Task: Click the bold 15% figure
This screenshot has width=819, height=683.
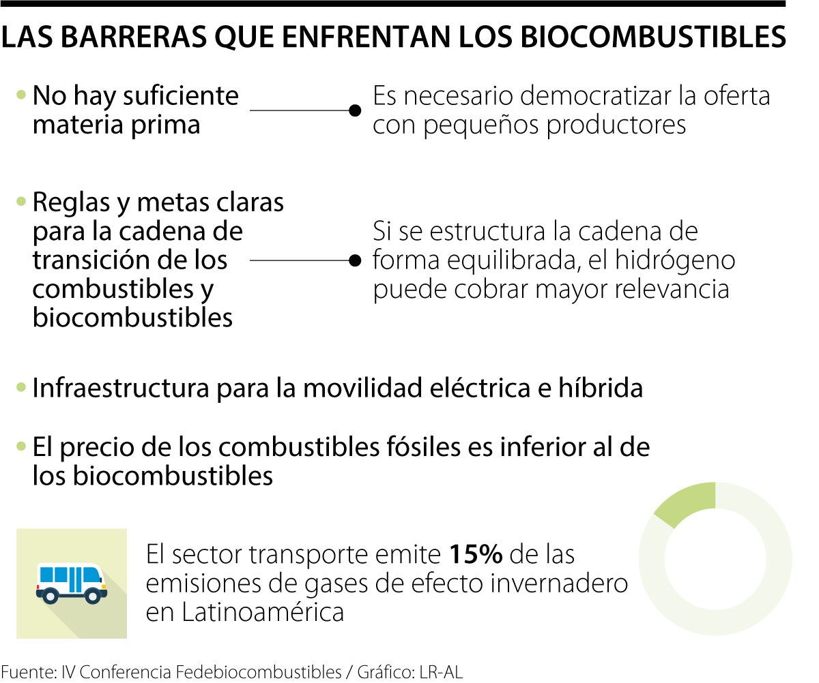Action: tap(475, 555)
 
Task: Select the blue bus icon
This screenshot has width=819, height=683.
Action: tap(71, 583)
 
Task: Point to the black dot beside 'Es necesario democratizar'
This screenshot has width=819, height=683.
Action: tap(355, 110)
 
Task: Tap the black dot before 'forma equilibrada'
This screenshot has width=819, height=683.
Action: tap(355, 260)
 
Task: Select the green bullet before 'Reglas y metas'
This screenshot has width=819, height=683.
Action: tap(21, 202)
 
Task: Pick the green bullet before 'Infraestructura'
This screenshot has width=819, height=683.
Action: tap(21, 388)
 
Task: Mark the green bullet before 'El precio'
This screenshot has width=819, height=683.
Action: tap(21, 447)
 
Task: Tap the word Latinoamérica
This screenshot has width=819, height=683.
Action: tap(262, 612)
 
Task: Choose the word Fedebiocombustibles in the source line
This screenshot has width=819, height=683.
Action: tap(259, 672)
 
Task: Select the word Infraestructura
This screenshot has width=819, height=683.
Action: tap(120, 389)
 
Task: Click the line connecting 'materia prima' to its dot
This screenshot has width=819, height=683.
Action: tap(300, 110)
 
